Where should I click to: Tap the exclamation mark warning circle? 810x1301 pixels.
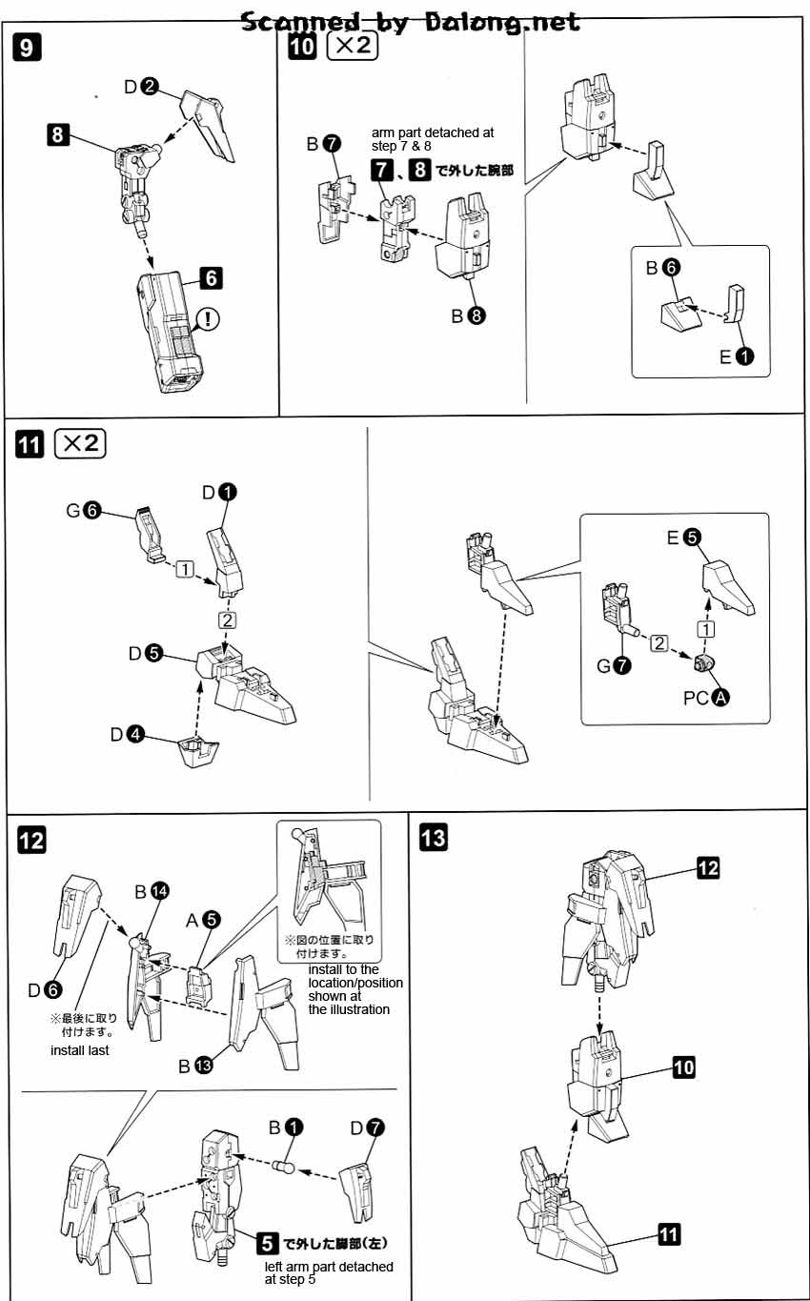point(207,319)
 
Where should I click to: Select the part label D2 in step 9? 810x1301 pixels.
point(140,87)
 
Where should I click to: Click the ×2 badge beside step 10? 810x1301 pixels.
point(352,48)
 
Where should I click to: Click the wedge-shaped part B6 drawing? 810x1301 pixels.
point(680,310)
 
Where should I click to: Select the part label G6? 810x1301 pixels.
point(83,510)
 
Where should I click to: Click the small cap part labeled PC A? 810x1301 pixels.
point(707,664)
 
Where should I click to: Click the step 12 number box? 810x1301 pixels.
point(31,840)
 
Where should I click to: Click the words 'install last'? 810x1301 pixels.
point(80,1050)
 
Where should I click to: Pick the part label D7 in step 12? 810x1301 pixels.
point(367,1128)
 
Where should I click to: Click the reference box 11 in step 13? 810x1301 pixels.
point(669,1235)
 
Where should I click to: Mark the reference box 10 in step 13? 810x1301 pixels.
point(683,1067)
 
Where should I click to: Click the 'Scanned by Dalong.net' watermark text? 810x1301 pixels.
point(410,21)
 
